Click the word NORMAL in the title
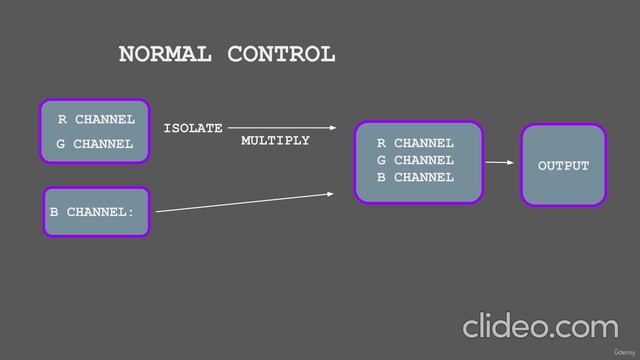coord(165,55)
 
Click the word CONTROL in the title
coord(281,55)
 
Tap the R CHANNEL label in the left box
coord(96,120)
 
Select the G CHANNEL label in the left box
coord(95,144)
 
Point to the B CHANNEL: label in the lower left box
coord(92,213)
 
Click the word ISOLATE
coord(193,129)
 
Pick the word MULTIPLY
coord(275,141)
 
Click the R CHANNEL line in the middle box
coord(415,144)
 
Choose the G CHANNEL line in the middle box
coord(415,160)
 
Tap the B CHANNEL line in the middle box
coord(415,177)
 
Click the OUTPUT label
coord(564,166)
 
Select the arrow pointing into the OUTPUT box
coord(498,161)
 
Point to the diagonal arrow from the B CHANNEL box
coord(245,201)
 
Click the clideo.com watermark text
coord(540,327)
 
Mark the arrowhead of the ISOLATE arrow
coord(332,128)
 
